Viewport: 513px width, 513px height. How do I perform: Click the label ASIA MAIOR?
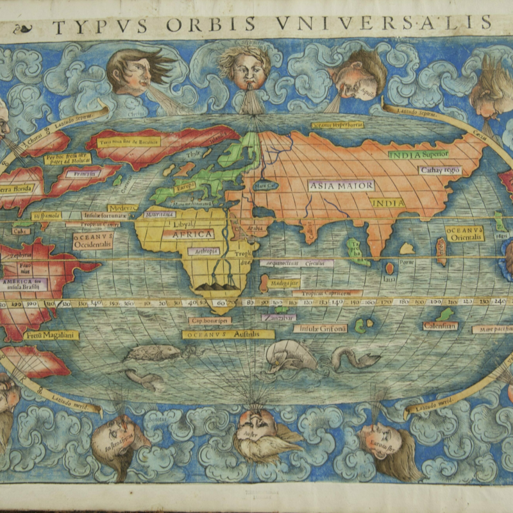pos(342,185)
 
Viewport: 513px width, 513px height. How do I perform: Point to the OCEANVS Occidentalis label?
pos(93,240)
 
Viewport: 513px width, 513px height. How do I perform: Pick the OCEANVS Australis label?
pos(228,334)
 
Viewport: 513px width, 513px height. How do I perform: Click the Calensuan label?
pos(440,326)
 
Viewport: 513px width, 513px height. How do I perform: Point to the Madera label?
pos(122,208)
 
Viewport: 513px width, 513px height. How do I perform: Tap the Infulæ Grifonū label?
pos(319,328)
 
